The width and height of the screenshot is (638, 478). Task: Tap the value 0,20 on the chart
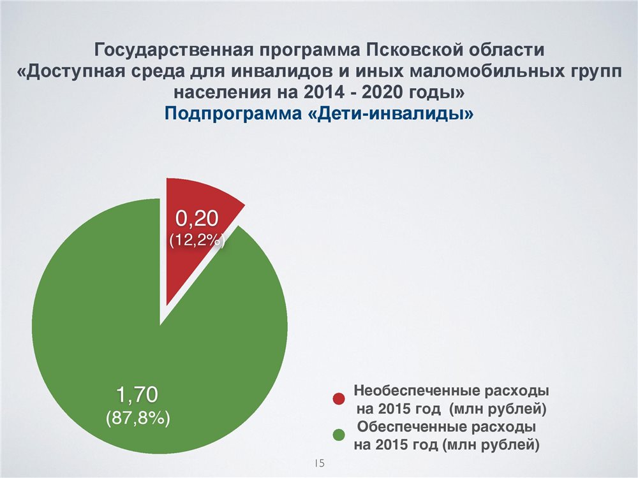(x=197, y=219)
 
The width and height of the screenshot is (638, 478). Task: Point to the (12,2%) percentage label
(x=197, y=240)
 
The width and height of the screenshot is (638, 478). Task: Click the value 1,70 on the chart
(x=137, y=395)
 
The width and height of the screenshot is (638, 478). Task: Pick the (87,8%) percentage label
(x=138, y=417)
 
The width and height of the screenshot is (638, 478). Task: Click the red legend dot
(x=339, y=399)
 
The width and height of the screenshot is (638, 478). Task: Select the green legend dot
(x=339, y=435)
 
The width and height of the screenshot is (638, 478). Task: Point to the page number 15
(x=320, y=463)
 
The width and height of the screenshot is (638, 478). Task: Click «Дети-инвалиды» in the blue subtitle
(x=389, y=113)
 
